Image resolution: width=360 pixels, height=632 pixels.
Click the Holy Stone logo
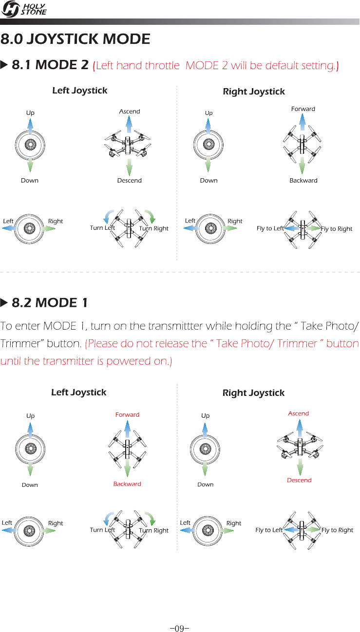(x=24, y=9)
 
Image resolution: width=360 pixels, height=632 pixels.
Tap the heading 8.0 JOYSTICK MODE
(x=76, y=39)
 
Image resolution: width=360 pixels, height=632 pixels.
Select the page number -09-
(x=180, y=615)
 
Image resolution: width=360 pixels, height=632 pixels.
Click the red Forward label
(x=127, y=415)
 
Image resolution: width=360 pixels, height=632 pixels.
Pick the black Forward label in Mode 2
(x=303, y=109)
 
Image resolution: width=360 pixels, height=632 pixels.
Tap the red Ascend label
(x=298, y=413)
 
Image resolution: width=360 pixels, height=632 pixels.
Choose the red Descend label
(x=299, y=480)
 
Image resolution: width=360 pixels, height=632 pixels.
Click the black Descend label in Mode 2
(x=130, y=181)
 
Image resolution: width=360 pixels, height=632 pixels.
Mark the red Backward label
(x=127, y=484)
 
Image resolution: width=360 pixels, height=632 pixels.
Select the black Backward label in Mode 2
(x=303, y=181)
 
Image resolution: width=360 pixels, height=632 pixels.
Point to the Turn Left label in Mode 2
(x=102, y=228)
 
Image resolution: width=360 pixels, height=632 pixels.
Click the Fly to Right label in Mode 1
(x=337, y=530)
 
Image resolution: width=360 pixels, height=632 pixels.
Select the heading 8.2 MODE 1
(x=49, y=302)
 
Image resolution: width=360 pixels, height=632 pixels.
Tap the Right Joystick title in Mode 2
(x=254, y=92)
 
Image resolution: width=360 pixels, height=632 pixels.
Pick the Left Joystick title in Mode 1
(x=78, y=392)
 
